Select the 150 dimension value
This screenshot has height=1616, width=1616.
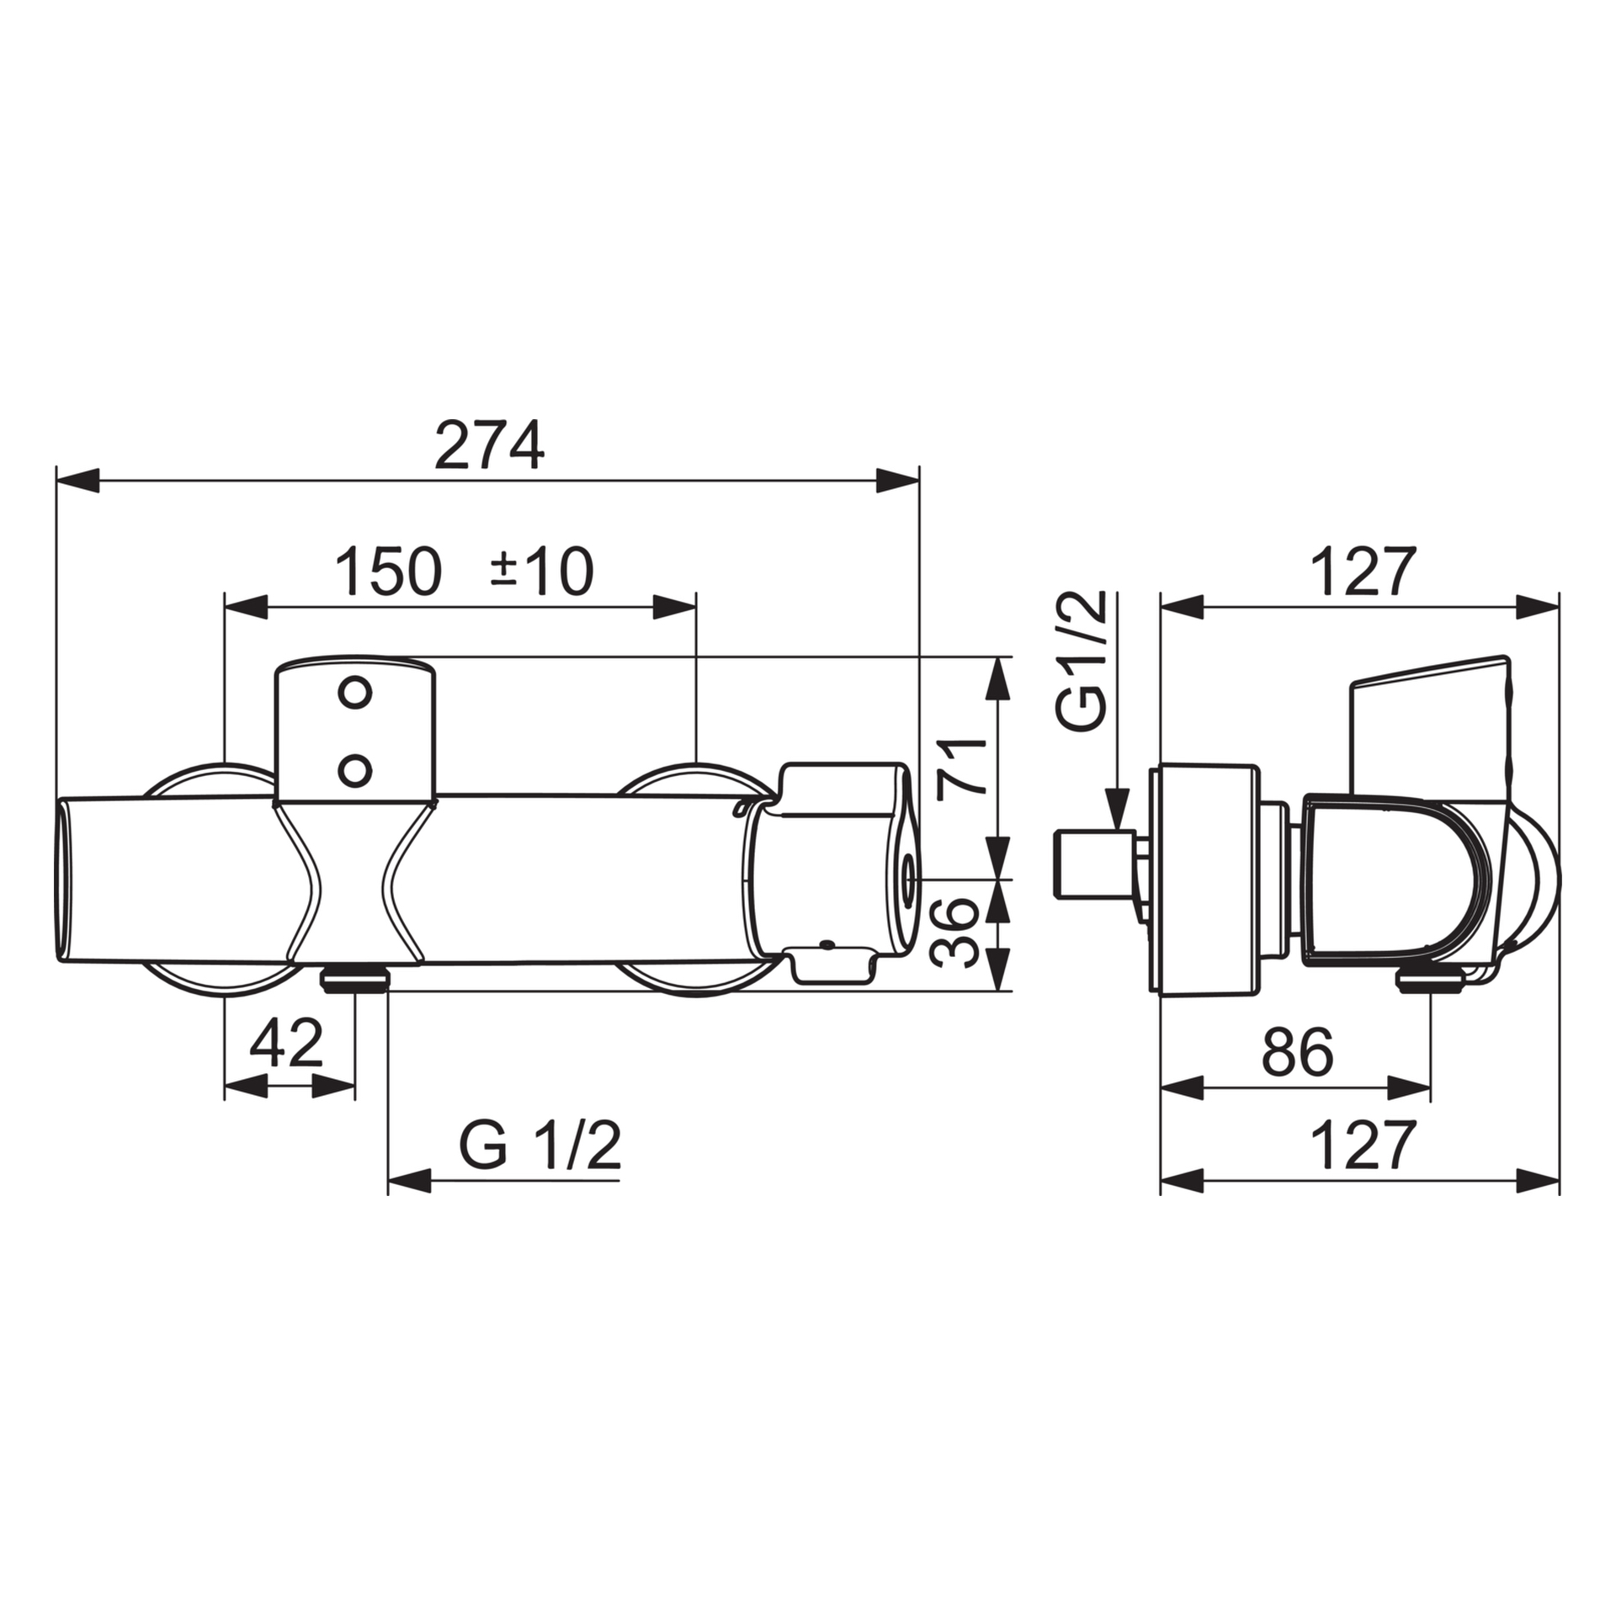[x=388, y=571]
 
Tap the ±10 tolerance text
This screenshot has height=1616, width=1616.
[x=542, y=571]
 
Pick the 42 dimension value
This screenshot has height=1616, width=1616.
[x=287, y=1044]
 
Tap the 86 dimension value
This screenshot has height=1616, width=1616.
[x=1298, y=1052]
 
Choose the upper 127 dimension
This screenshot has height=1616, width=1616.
[x=1363, y=572]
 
